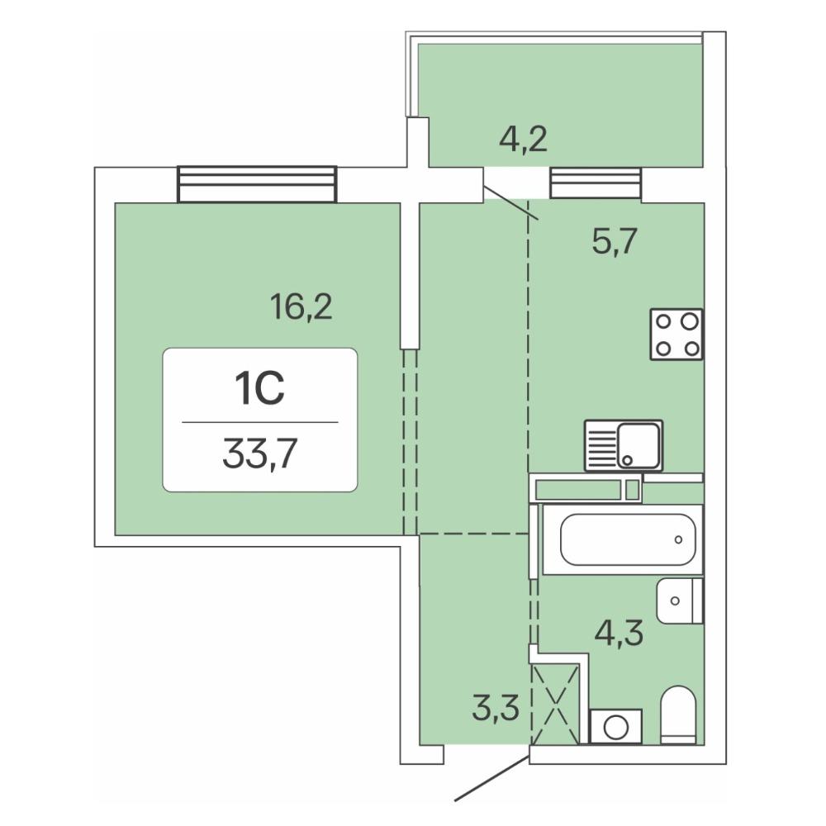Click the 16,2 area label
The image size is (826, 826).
(x=301, y=306)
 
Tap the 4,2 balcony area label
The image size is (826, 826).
(x=523, y=140)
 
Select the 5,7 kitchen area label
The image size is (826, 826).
(x=615, y=242)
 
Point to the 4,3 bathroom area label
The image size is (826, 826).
(x=619, y=632)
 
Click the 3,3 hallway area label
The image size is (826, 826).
(x=496, y=708)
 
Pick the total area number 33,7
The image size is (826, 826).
(x=260, y=453)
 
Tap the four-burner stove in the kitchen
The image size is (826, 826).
(x=677, y=334)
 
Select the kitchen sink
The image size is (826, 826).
(x=624, y=445)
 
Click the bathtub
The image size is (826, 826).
(x=623, y=539)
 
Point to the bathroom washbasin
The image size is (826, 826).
(x=680, y=601)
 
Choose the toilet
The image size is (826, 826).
(x=678, y=714)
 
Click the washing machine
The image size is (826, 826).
(x=616, y=727)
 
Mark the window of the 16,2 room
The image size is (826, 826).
(x=257, y=184)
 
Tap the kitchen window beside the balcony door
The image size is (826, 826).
(x=596, y=183)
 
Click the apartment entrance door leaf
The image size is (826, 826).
(x=492, y=777)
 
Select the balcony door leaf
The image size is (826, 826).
(x=511, y=202)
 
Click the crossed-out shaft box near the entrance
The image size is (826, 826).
(x=556, y=705)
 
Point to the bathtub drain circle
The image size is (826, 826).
(x=678, y=539)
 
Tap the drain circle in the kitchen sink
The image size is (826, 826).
(x=627, y=460)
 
